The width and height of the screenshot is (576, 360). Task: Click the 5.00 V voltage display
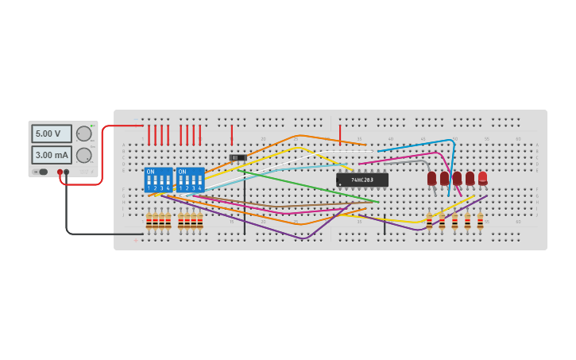point(52,134)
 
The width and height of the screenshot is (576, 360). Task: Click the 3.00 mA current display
point(52,155)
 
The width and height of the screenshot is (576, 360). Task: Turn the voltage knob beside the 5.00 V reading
point(83,134)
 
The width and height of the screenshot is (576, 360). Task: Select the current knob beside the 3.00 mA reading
point(83,155)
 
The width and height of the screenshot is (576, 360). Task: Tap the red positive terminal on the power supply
point(60,172)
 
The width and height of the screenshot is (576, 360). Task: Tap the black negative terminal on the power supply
point(67,172)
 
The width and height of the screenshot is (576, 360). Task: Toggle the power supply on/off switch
point(41,172)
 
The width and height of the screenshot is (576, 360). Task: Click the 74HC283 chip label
point(362,180)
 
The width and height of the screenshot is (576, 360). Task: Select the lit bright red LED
point(482,178)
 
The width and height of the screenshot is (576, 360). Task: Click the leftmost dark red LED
point(431,178)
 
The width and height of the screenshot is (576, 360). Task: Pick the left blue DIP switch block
point(158,180)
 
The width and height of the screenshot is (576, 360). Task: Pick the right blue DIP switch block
point(190,180)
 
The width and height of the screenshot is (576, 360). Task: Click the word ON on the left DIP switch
point(150,172)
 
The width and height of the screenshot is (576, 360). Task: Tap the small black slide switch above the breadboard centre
point(237,157)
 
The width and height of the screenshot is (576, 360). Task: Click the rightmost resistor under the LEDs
point(480,221)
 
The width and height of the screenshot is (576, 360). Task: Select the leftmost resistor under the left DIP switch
point(149,221)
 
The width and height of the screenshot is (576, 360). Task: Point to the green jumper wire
point(318,188)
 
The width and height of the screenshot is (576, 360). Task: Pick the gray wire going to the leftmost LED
point(405,162)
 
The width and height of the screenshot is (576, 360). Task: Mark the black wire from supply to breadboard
point(67,215)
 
